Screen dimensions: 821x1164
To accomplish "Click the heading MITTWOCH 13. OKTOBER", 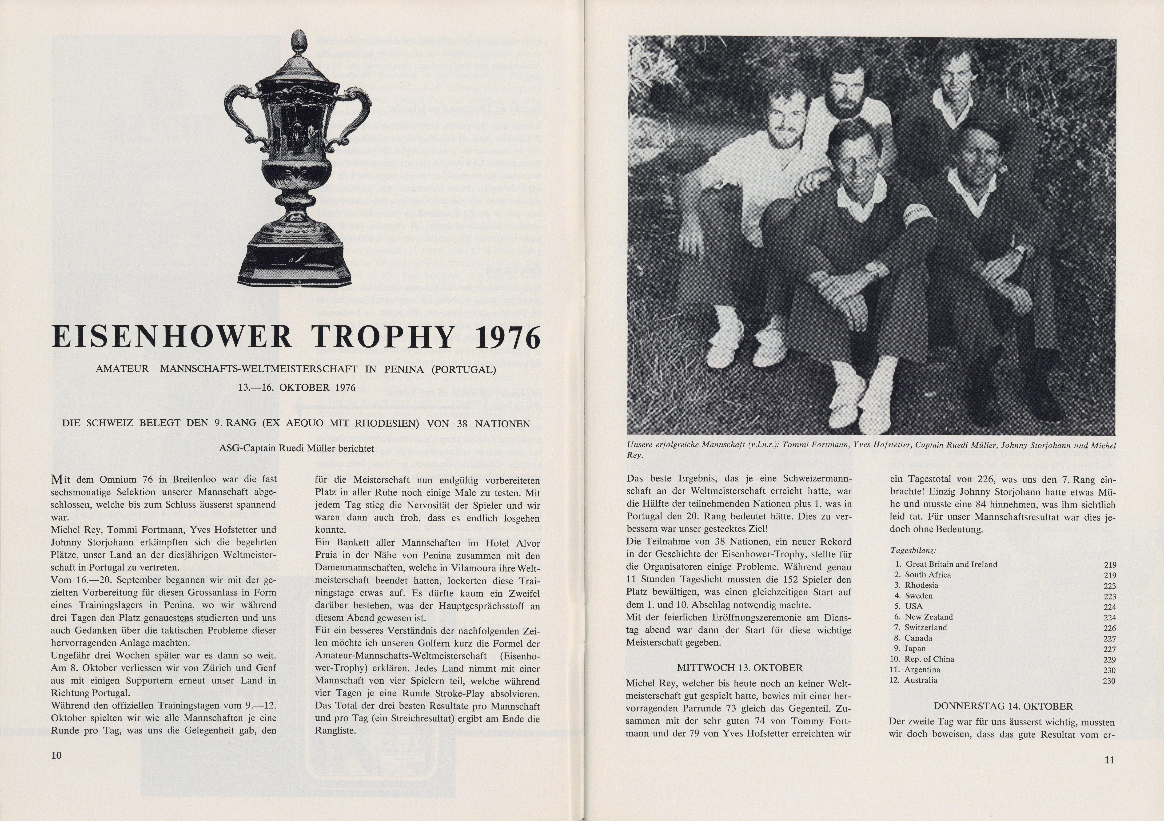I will click(x=740, y=667).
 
